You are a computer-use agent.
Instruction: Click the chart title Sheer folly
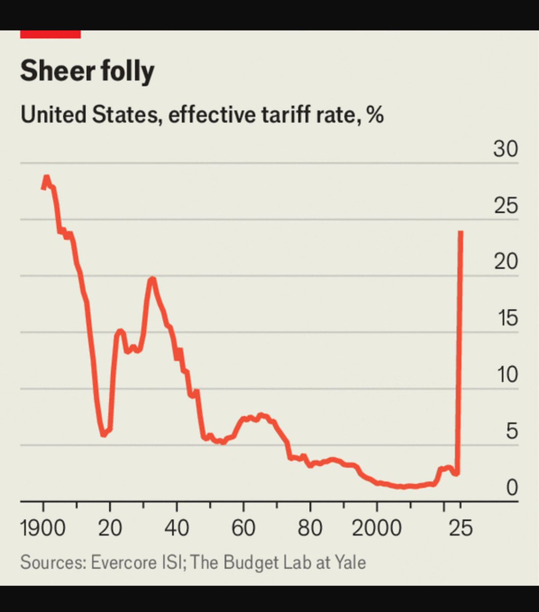[87, 70]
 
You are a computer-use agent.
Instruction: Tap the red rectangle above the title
[50, 34]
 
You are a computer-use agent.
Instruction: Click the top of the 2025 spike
[461, 232]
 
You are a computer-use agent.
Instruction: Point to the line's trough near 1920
[104, 435]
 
